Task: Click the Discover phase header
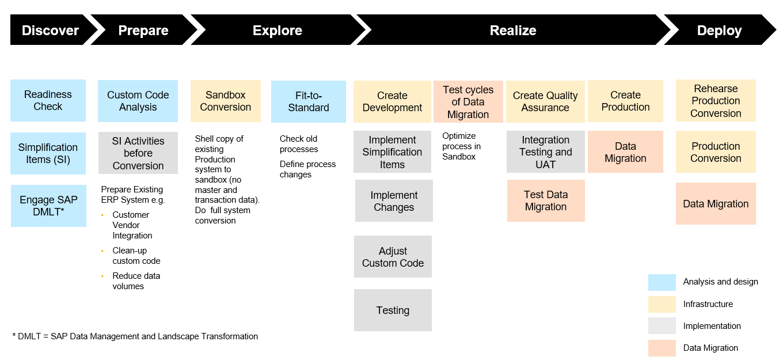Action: tap(50, 31)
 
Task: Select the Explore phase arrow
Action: tap(277, 31)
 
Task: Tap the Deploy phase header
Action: tap(719, 31)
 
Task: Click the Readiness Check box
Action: tap(48, 101)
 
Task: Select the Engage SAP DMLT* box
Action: tap(48, 206)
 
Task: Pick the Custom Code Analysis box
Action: tap(138, 101)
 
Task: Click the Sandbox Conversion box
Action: tap(226, 101)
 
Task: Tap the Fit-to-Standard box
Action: tap(309, 102)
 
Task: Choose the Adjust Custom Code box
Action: tap(393, 257)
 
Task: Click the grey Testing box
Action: tap(393, 310)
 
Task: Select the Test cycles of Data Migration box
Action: tap(468, 102)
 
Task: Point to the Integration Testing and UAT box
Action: tap(545, 152)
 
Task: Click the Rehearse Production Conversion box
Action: tap(716, 101)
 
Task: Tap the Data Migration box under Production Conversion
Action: tap(716, 204)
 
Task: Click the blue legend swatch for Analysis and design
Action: tap(662, 282)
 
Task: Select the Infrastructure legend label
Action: tap(708, 304)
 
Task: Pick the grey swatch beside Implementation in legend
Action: tap(662, 326)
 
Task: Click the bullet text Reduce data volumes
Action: tap(136, 281)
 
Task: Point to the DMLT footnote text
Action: tap(135, 336)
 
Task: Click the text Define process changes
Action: tap(307, 169)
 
